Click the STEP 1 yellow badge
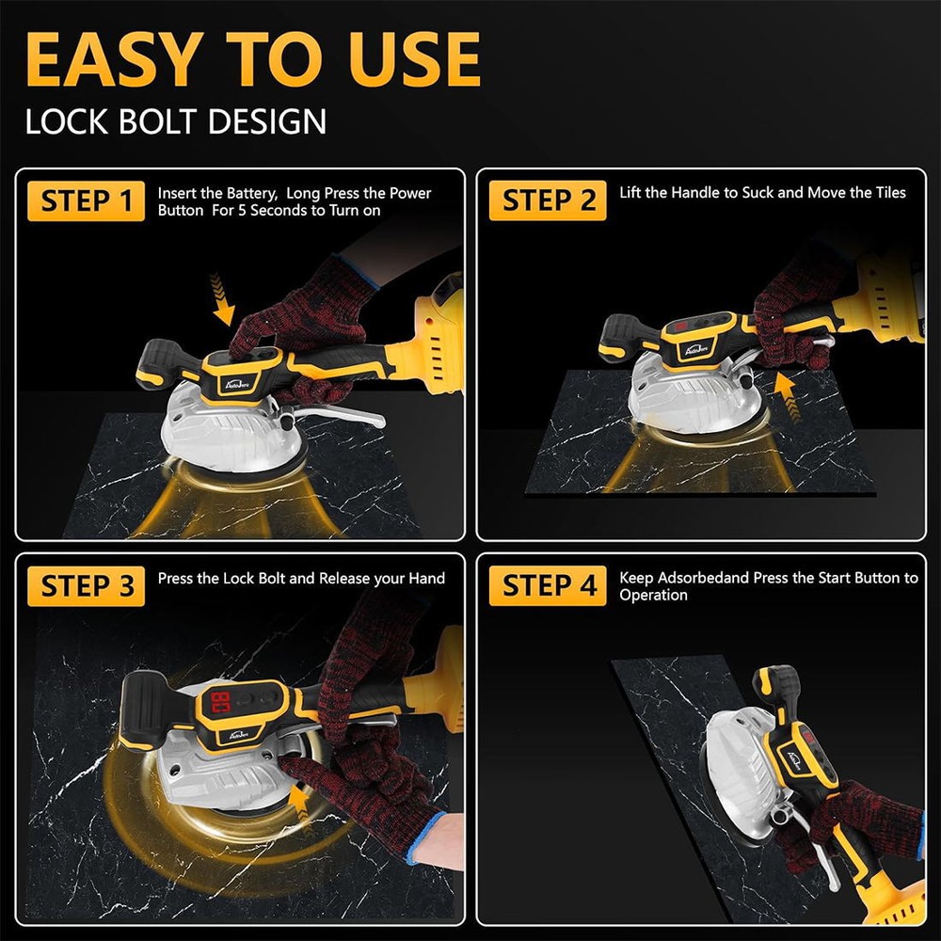pyautogui.click(x=86, y=200)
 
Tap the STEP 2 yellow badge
pyautogui.click(x=548, y=200)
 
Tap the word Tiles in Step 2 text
pyautogui.click(x=885, y=193)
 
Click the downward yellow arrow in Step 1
pyautogui.click(x=222, y=299)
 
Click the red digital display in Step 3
pyautogui.click(x=220, y=703)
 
